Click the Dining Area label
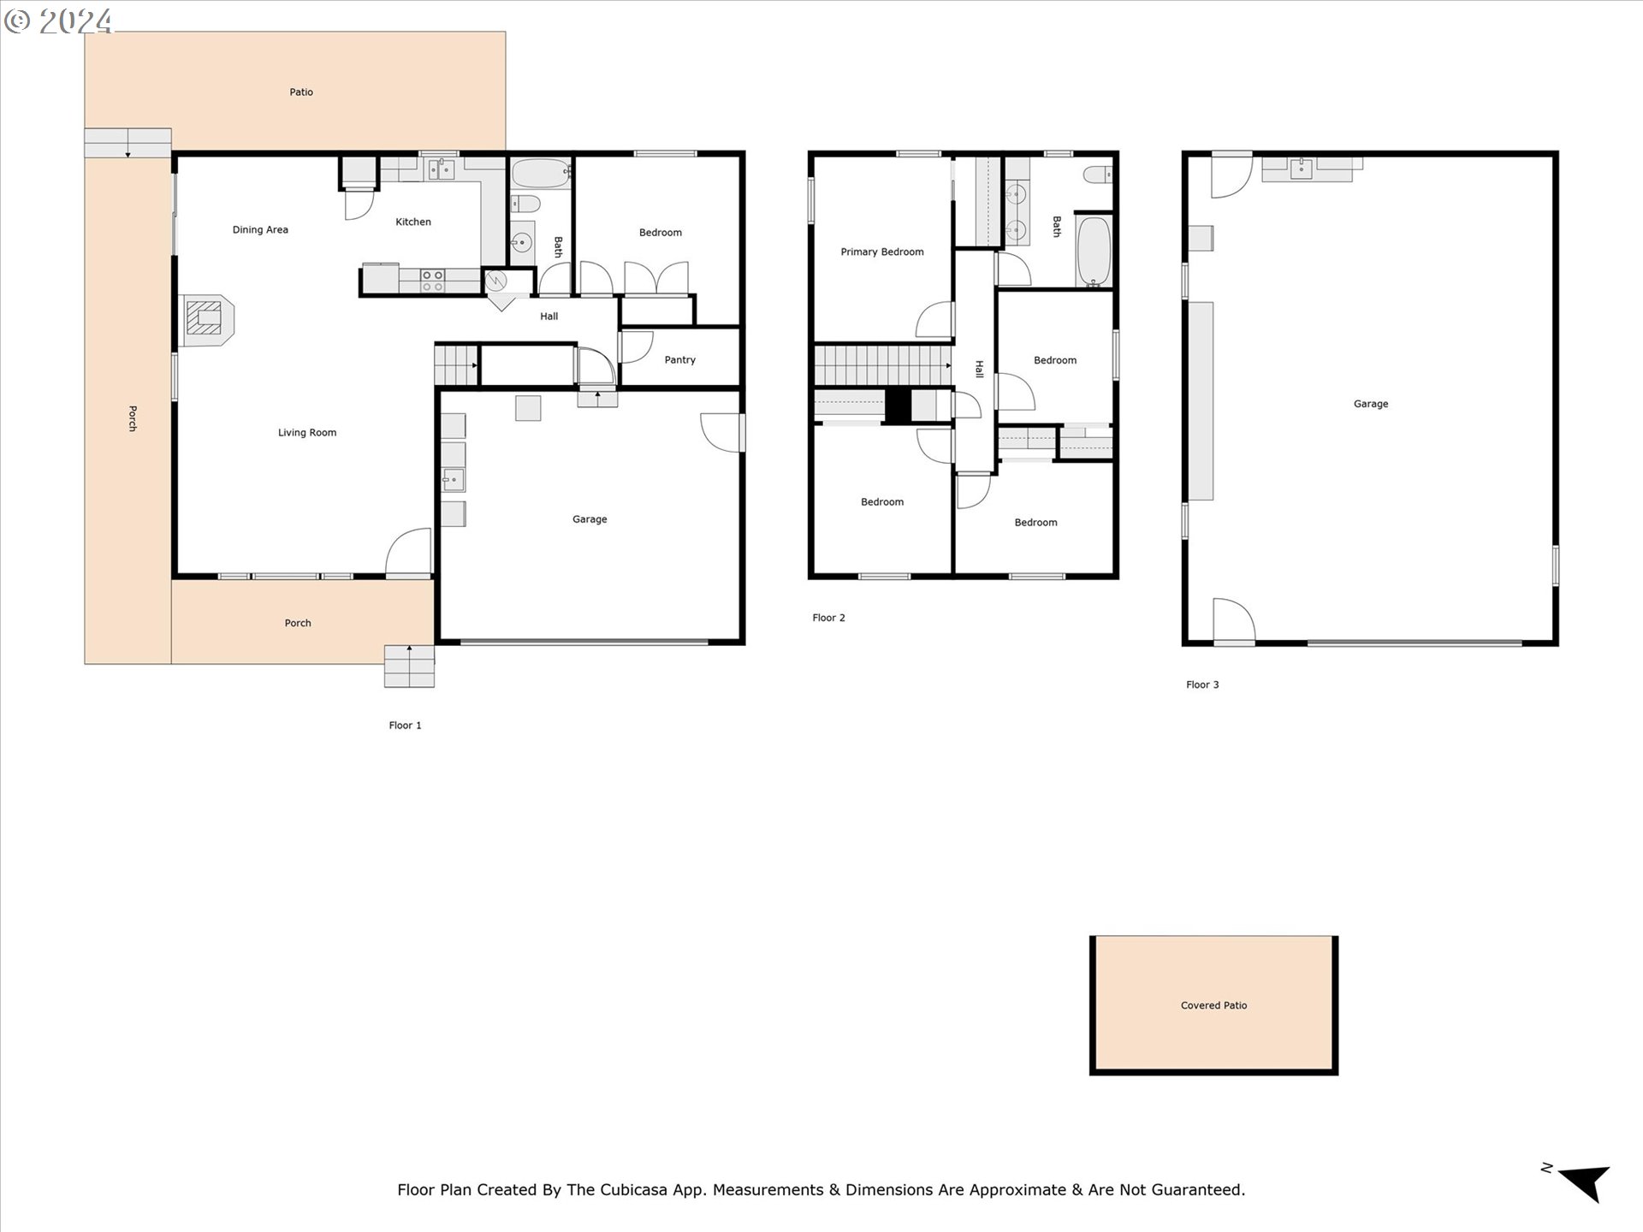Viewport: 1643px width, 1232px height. pos(260,229)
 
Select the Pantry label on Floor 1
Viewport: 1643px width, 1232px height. pos(679,359)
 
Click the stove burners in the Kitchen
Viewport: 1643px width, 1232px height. pos(432,281)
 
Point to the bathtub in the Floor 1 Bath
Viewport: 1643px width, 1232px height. pos(541,174)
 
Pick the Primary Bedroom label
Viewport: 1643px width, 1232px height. pos(882,252)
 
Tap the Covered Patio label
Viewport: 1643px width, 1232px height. pos(1213,1005)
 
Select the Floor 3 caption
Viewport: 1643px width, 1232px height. pos(1202,684)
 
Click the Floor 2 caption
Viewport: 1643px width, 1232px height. pos(828,618)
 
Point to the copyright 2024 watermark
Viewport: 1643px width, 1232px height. pos(58,21)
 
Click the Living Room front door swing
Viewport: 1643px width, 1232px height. pos(409,552)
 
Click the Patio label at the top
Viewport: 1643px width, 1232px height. pos(301,92)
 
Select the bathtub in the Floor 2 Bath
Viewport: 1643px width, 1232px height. pos(1093,252)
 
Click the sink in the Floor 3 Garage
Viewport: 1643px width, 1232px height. pos(1301,169)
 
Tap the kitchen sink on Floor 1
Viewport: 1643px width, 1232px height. pos(442,169)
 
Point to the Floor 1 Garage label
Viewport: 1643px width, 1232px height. pos(590,519)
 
